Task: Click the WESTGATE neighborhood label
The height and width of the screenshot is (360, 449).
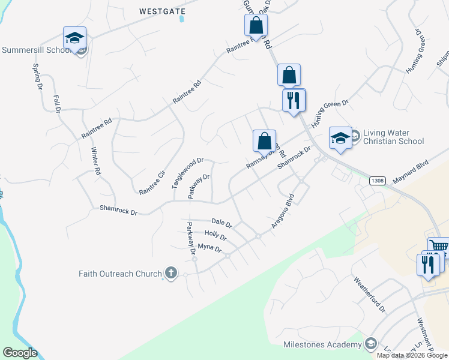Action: pos(160,11)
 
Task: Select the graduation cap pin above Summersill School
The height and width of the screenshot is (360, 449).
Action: pos(75,38)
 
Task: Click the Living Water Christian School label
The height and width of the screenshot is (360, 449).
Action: pos(394,137)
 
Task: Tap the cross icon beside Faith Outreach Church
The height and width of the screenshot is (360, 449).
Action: pos(170,274)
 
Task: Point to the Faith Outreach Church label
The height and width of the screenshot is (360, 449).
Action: pos(120,274)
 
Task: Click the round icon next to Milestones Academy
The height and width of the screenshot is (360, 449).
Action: pos(371,344)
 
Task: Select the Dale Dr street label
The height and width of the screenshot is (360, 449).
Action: pos(221,223)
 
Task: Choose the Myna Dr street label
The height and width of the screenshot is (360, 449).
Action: pos(209,248)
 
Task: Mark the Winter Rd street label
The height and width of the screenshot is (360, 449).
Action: pos(95,161)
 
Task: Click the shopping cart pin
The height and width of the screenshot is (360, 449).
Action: pos(439,246)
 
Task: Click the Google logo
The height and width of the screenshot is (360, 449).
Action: pos(20,353)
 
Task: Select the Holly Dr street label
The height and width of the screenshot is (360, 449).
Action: pos(215,236)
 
